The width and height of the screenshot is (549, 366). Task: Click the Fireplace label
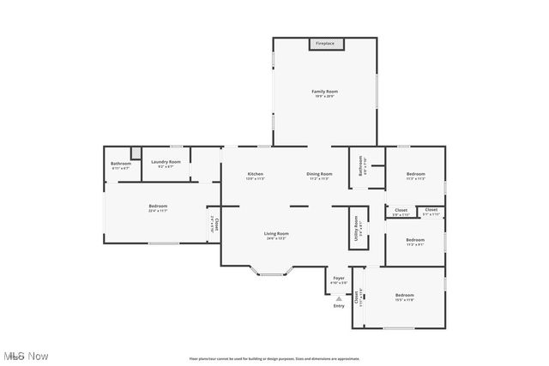[325, 43]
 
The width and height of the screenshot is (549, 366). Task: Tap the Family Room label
[324, 91]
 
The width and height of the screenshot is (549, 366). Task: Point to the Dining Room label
[320, 174]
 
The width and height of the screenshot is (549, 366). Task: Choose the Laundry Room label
[166, 161]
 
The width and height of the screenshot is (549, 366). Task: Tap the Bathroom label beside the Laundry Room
[121, 164]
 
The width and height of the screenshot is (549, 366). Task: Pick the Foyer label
[339, 279]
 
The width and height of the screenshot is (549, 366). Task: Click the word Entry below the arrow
[339, 306]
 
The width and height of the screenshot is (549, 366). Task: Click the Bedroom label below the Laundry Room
[158, 206]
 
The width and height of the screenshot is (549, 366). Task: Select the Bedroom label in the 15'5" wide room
[404, 295]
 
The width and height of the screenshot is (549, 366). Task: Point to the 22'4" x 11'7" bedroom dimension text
[158, 211]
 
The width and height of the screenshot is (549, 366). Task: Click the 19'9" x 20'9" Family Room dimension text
[324, 96]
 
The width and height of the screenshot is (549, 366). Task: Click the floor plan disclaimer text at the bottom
[274, 358]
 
